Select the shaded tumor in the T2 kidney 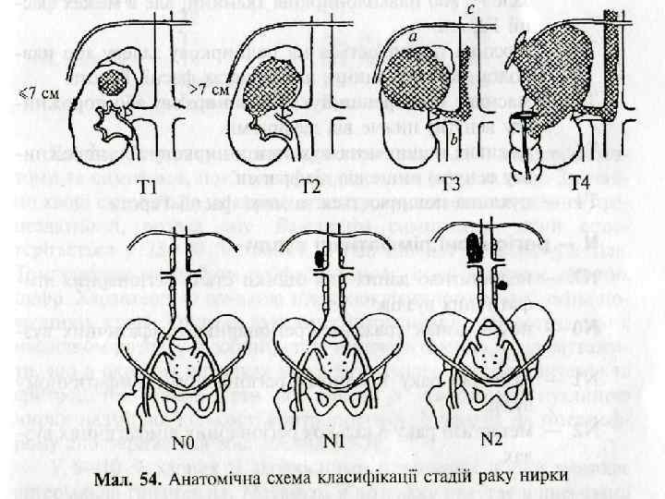(x=276, y=79)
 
